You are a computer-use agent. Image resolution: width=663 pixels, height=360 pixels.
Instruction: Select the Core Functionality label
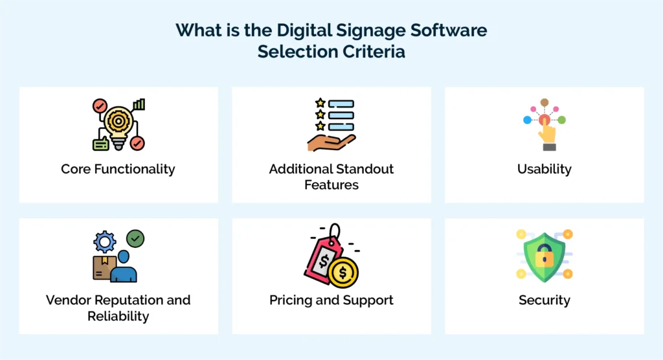[x=118, y=169]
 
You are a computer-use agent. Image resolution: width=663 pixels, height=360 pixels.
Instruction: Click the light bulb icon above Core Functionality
[x=118, y=123]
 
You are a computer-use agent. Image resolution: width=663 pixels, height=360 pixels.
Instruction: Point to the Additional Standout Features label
[x=331, y=177]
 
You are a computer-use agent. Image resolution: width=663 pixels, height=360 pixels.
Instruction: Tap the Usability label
[x=544, y=169]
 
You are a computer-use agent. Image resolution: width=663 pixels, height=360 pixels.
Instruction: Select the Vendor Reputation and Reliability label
[x=118, y=308]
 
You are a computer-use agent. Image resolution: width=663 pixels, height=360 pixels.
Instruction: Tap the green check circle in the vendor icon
[x=135, y=238]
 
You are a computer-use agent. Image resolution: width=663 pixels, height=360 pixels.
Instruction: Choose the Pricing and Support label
[x=331, y=300]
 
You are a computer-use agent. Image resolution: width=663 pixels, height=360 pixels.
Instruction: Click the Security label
[x=544, y=300]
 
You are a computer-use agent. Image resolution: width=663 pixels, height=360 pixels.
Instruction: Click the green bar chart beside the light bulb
[x=139, y=104]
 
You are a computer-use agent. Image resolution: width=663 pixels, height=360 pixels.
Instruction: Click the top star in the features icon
[x=319, y=103]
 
